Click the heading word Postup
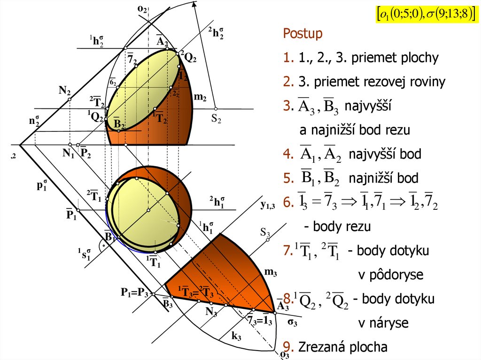(x=303, y=34)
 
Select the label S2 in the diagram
(x=216, y=119)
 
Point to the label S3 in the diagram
(x=265, y=232)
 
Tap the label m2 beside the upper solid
(x=201, y=97)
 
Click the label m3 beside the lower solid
(x=270, y=272)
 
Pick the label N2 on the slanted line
(x=65, y=91)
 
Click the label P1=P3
(x=134, y=293)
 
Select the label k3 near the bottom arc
(x=236, y=336)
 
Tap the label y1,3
(x=268, y=205)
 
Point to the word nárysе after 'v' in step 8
(x=383, y=323)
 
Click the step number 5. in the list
(x=287, y=178)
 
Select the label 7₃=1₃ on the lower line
(x=260, y=321)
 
